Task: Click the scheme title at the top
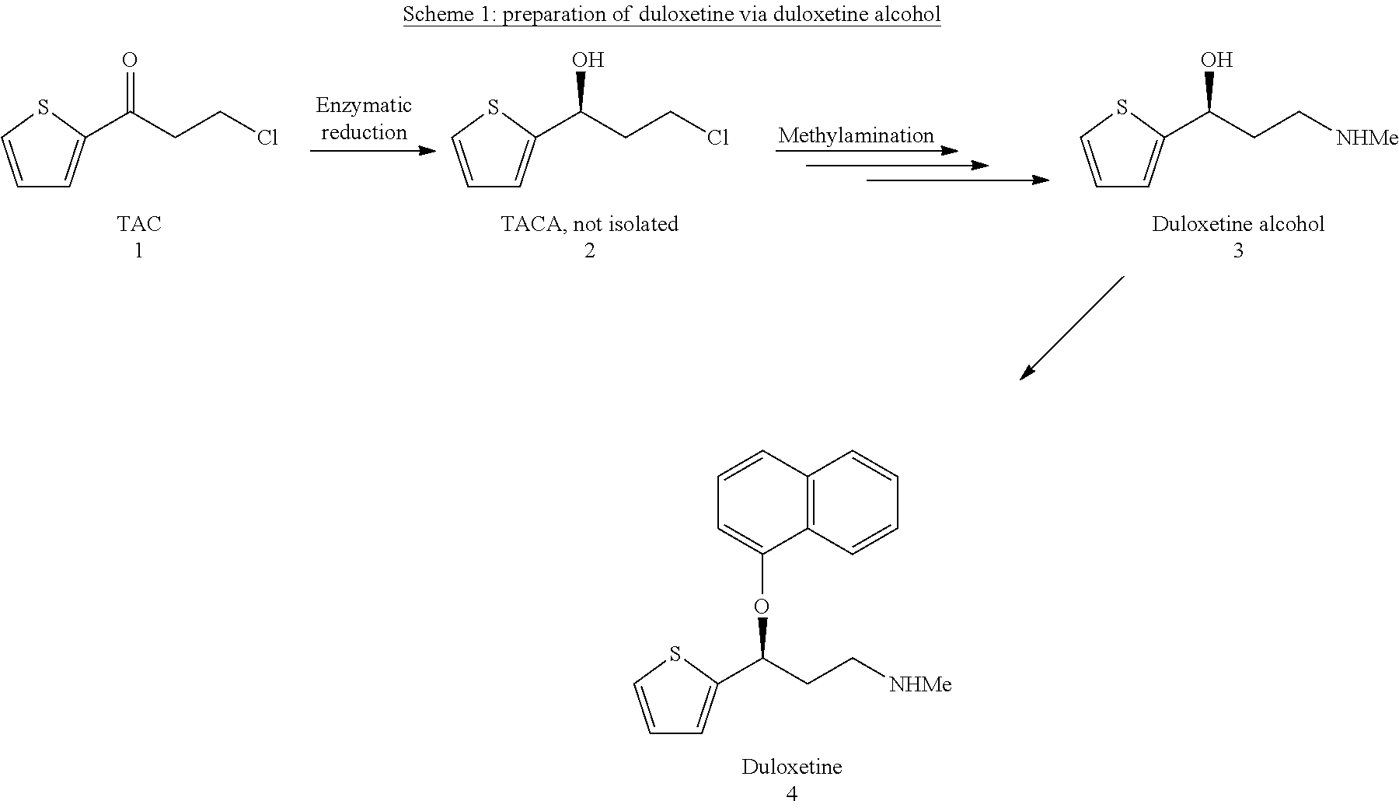(x=672, y=15)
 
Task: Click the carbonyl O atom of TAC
(x=130, y=60)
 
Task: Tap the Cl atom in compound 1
(x=267, y=138)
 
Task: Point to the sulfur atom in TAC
(x=44, y=107)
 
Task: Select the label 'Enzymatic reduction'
(x=364, y=118)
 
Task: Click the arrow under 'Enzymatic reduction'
(x=372, y=150)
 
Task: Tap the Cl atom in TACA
(x=717, y=138)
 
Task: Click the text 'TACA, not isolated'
(x=589, y=224)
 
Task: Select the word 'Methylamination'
(x=856, y=135)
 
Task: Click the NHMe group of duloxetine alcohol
(x=1366, y=138)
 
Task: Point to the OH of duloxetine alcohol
(x=1216, y=60)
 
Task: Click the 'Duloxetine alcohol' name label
(x=1237, y=224)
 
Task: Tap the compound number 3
(x=1238, y=250)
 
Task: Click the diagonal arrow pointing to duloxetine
(x=1072, y=327)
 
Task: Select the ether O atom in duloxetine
(x=762, y=606)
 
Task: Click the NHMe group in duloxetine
(x=920, y=684)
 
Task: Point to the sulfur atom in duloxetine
(x=675, y=654)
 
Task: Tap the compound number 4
(x=791, y=793)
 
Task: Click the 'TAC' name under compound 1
(x=139, y=224)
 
